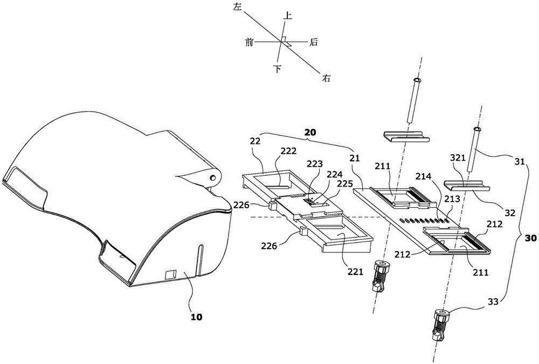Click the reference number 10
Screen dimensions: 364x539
coord(197,318)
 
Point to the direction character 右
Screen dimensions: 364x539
coord(326,78)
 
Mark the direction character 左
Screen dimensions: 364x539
coord(237,7)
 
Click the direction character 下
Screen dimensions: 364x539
coord(278,69)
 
